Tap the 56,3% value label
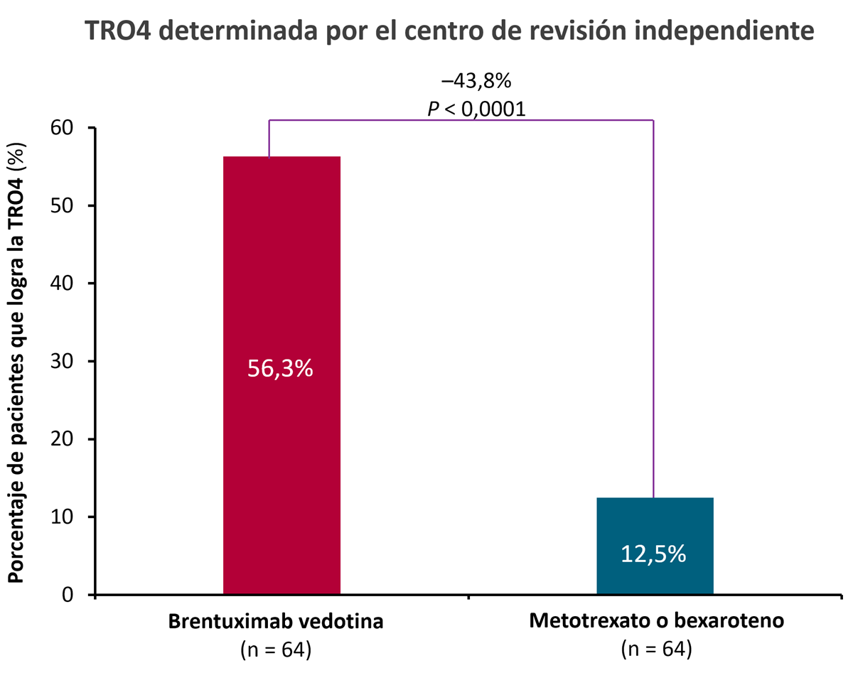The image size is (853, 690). (x=281, y=368)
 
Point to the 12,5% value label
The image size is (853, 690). (x=654, y=554)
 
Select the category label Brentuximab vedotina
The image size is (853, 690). (x=276, y=622)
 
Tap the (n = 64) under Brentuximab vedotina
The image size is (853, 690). (x=276, y=649)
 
